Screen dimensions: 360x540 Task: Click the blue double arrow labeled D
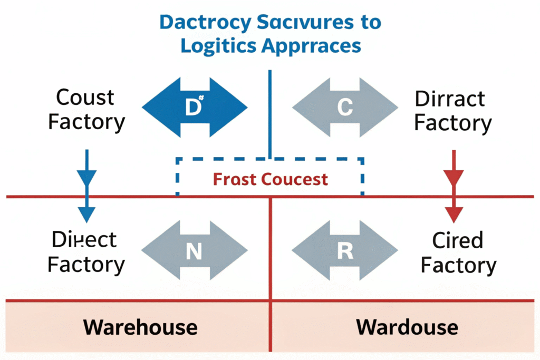coord(194,108)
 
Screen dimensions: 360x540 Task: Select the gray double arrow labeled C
coord(344,108)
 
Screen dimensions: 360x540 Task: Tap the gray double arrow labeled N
coord(194,251)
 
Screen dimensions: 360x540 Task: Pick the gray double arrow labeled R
coord(344,251)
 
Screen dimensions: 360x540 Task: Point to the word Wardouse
coord(407,327)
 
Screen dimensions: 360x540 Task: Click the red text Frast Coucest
coord(270,179)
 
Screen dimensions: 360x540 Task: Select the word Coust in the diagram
coord(85,98)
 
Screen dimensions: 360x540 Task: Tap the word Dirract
coord(450,99)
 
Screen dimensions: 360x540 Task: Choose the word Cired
coord(457,241)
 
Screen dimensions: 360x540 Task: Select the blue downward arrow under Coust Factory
coord(86,184)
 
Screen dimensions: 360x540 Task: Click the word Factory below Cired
coord(458,266)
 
